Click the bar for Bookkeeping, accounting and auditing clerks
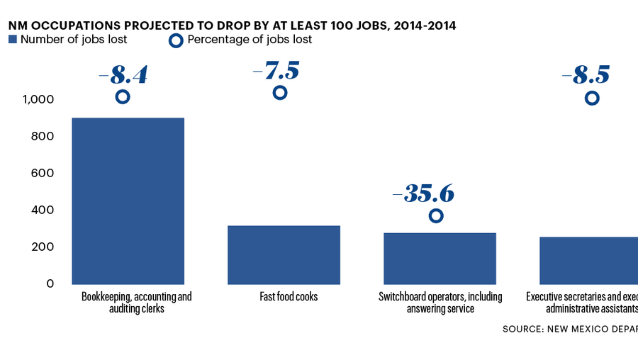pos(128,201)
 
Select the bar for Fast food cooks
pos(284,254)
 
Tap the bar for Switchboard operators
pos(440,258)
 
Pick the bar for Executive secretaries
pos(588,260)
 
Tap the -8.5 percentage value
pos(586,74)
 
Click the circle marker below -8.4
pos(123,97)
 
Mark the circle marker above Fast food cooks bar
pos(280,93)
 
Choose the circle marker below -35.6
pos(436,215)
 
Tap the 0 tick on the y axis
pos(50,283)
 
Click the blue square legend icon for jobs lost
pos(12,40)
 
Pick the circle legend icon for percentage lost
pos(176,40)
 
